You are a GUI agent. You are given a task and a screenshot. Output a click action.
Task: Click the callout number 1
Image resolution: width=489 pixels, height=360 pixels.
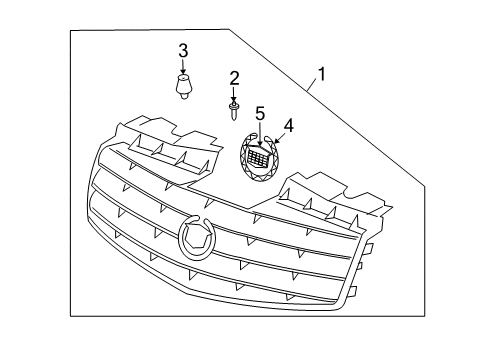(321, 73)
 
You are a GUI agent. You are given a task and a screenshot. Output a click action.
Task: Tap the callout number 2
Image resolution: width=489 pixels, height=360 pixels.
(235, 77)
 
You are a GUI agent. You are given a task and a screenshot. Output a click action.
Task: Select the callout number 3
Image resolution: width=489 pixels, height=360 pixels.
(183, 51)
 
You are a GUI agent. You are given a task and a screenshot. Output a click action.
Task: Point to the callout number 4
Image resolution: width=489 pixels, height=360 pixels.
(289, 126)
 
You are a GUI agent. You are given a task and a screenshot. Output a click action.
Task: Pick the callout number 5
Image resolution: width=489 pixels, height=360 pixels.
(259, 113)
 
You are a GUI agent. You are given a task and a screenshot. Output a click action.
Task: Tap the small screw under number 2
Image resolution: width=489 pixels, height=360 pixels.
(234, 104)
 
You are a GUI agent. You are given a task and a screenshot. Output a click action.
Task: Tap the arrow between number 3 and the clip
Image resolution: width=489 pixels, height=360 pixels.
(183, 65)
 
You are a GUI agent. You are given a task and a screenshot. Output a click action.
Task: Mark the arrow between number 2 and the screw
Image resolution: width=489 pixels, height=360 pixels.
(235, 92)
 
